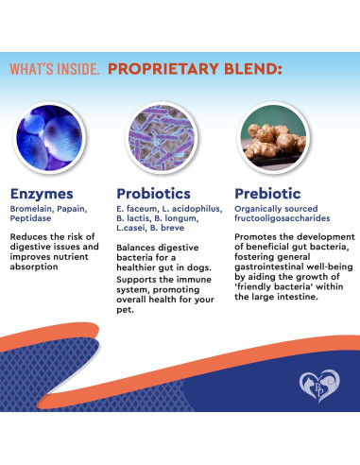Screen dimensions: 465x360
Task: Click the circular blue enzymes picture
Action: (54, 132)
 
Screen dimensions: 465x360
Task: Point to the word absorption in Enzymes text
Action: (35, 267)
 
